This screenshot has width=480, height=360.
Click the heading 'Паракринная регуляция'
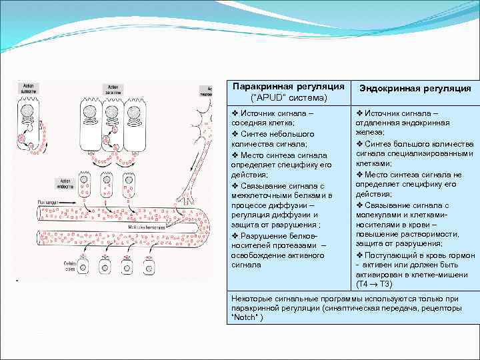point(289,87)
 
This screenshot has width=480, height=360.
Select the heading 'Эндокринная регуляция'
point(415,88)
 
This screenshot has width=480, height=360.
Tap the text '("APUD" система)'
point(289,98)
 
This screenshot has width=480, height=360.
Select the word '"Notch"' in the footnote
point(246,317)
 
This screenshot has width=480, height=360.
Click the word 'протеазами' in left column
point(286,245)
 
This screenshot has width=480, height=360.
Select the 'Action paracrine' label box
point(111,89)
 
